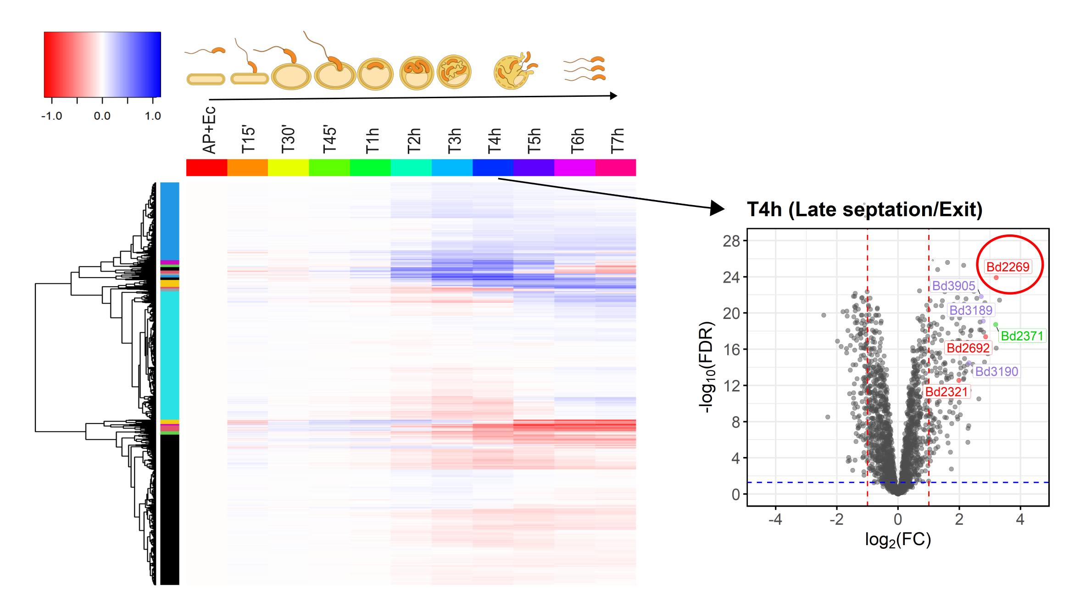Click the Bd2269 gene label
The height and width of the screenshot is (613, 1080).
[1008, 267]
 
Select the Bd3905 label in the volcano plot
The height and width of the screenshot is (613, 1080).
[953, 286]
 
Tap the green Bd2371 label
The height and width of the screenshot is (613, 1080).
[1022, 336]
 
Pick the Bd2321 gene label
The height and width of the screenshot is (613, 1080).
[946, 392]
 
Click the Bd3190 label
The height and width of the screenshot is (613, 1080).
[996, 371]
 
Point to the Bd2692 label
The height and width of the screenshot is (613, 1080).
[968, 348]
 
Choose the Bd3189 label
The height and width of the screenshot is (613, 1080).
[970, 310]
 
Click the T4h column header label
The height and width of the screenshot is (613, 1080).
[494, 140]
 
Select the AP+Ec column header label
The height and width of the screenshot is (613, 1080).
[209, 130]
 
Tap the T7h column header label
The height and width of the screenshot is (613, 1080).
[617, 140]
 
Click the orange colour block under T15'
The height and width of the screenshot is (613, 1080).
[247, 167]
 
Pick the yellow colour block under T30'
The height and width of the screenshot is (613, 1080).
[288, 167]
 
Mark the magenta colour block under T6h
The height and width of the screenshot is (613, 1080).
[574, 167]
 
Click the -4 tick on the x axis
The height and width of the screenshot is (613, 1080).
[775, 519]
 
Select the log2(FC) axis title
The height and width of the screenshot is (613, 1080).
[897, 540]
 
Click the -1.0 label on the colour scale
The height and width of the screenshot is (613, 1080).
[51, 116]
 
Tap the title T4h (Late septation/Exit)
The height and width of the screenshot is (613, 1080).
[864, 209]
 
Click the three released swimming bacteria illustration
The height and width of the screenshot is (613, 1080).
[585, 69]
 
